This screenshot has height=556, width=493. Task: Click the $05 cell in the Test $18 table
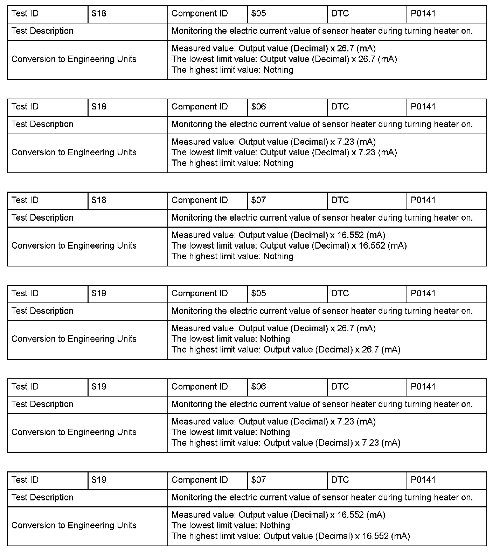tap(259, 14)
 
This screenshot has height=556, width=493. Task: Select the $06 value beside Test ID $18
tap(259, 107)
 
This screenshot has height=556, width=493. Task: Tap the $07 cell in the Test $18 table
tap(259, 200)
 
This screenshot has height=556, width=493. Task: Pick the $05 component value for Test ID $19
tap(259, 293)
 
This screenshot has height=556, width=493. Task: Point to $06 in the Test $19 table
tap(259, 387)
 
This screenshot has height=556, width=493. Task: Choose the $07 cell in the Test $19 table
tap(259, 480)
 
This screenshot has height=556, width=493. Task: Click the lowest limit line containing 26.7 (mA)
tap(284, 59)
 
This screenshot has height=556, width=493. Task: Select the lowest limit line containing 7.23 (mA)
tap(284, 152)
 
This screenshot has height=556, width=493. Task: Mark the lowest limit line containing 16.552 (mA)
tap(289, 246)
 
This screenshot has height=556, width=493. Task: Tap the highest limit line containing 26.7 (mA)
tap(286, 350)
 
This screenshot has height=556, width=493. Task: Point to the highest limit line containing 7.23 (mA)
tap(286, 443)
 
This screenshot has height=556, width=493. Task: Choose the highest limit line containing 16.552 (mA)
tap(291, 536)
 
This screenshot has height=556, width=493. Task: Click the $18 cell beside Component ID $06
tap(99, 107)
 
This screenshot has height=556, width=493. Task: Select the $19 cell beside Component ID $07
tap(99, 480)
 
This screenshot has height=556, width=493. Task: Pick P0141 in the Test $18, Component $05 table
tap(423, 14)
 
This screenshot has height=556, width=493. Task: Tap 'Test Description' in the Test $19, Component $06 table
tap(42, 404)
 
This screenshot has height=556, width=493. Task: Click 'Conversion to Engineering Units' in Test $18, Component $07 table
tap(74, 246)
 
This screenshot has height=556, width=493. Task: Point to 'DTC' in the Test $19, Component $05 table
tap(340, 293)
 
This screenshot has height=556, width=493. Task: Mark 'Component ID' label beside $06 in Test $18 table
tap(200, 107)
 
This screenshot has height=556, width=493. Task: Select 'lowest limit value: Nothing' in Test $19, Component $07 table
tap(231, 526)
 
